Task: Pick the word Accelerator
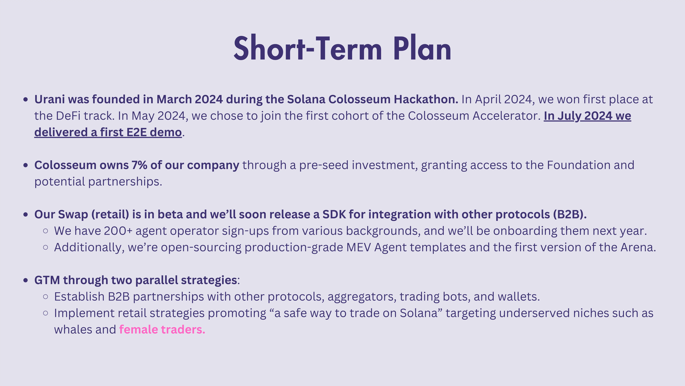(x=507, y=116)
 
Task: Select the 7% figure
(x=139, y=165)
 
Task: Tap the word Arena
(x=638, y=247)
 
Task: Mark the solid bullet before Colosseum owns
(x=26, y=165)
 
